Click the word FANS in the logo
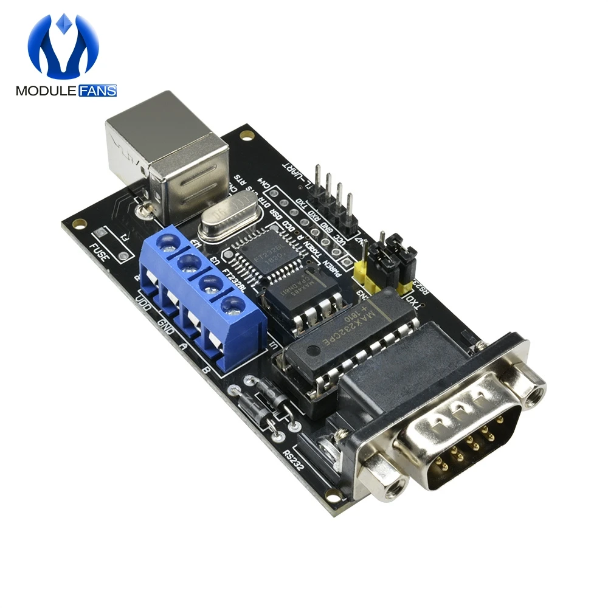(x=97, y=92)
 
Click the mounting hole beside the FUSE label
(x=77, y=223)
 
